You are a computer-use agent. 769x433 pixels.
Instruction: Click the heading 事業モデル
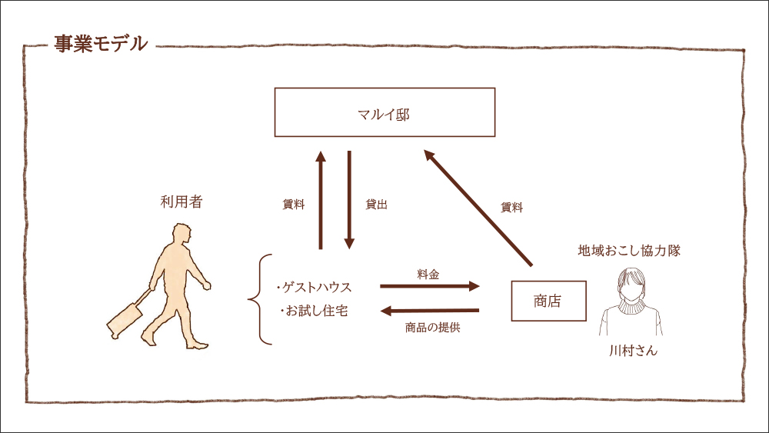point(100,44)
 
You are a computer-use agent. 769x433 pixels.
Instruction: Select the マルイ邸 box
point(384,112)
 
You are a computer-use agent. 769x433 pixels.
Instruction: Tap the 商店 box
point(548,301)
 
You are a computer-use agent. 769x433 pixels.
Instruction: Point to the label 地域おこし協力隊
point(629,251)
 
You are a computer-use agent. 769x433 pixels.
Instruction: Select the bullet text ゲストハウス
point(315,288)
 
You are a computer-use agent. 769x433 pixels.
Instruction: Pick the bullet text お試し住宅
point(315,311)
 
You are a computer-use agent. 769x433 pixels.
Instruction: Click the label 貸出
point(376,205)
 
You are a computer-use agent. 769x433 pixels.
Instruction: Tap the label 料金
point(428,274)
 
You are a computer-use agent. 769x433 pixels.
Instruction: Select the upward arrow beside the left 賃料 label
point(321,200)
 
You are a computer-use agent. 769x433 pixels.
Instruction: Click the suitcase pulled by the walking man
point(125,317)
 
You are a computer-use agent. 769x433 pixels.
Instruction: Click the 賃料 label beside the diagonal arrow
point(511,208)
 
